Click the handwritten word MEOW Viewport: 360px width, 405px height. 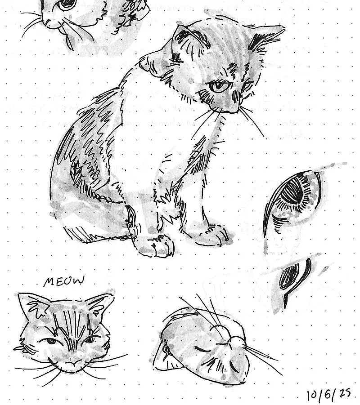pos(64,281)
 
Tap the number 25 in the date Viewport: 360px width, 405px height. pos(345,393)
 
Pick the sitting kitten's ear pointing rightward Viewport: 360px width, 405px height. pos(266,37)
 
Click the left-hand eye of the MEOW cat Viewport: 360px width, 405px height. pos(51,341)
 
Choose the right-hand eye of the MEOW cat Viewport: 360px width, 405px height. pos(90,339)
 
